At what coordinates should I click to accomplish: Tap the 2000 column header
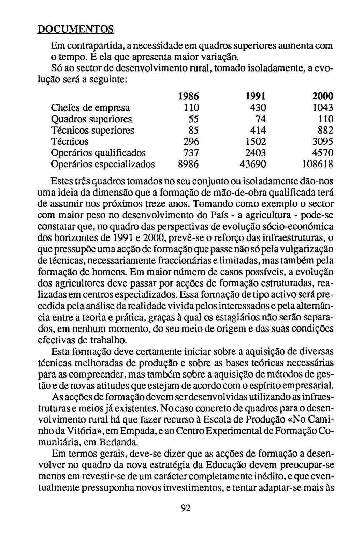coord(323,96)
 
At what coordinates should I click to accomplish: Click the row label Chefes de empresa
coord(90,108)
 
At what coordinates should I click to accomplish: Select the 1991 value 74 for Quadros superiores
coord(259,119)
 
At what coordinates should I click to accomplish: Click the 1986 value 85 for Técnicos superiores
coord(193,131)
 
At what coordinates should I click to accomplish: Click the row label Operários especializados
coord(102,164)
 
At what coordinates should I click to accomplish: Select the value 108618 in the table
coord(318,164)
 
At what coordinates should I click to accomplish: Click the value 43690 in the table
coord(253,164)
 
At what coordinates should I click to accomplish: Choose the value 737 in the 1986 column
coord(191,153)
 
